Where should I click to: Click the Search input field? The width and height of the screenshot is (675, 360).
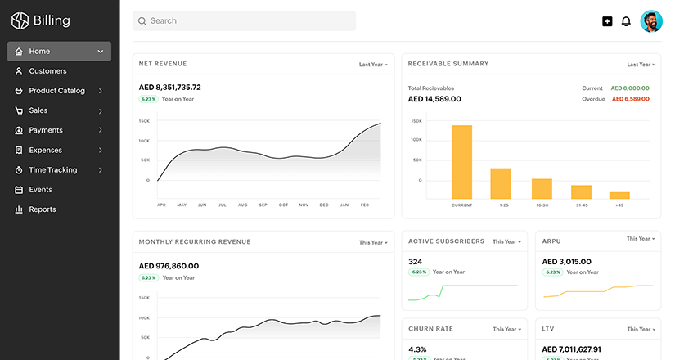coord(244,20)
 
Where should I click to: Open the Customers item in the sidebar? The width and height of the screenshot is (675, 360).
coord(47,71)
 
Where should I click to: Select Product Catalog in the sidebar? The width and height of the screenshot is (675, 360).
coord(56,91)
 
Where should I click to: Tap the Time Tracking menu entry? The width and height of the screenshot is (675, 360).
coord(52,170)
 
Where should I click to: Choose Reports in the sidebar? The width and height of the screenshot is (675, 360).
coord(43,209)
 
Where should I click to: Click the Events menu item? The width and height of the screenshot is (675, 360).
coord(40,190)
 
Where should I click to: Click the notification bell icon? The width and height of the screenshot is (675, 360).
coord(626,21)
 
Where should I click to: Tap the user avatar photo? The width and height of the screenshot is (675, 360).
coord(651,21)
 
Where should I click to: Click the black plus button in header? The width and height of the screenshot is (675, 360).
coord(607,21)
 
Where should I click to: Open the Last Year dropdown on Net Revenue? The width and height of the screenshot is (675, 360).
coord(373,64)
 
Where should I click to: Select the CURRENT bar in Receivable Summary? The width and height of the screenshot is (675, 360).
coord(461,161)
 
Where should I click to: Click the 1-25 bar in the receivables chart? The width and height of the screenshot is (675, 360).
coord(501,182)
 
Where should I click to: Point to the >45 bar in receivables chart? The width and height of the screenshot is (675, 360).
coord(619,195)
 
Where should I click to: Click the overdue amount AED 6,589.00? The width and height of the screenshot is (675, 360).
coord(630,99)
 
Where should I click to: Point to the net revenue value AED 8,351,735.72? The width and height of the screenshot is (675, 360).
coord(170,87)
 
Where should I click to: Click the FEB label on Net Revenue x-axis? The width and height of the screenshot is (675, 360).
coord(365,205)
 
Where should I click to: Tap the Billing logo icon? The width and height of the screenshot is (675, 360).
coord(20,21)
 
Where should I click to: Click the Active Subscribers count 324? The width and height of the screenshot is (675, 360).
coord(415,262)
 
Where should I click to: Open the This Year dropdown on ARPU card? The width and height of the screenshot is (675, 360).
coord(640,239)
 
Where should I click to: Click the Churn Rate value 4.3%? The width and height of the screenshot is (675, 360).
coord(417,349)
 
